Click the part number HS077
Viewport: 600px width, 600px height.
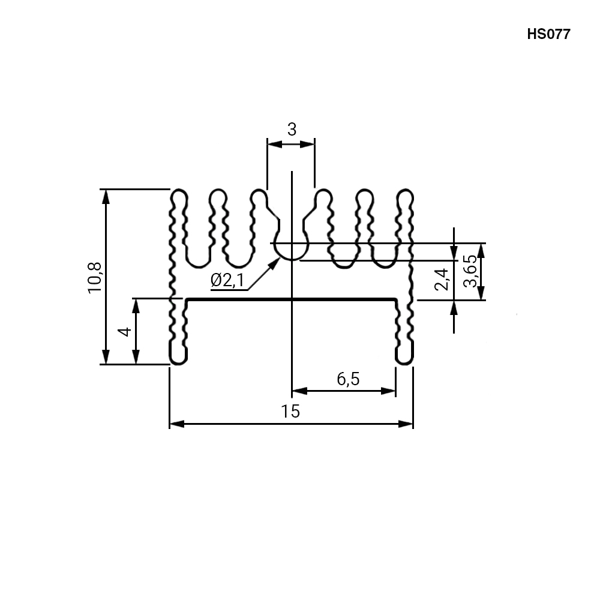point(548,34)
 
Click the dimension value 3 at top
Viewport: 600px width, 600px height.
point(292,130)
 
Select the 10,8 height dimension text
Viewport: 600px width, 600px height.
point(95,278)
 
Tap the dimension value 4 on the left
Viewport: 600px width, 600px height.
point(125,331)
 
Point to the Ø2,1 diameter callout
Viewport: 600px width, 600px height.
point(227,280)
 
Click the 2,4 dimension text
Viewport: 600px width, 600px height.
point(442,280)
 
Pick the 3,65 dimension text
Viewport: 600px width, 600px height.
point(470,271)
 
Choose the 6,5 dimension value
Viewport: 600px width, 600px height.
point(348,379)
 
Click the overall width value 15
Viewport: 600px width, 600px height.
point(290,412)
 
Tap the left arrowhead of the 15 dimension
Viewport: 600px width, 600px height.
point(176,424)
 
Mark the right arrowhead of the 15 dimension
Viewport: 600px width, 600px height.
point(406,424)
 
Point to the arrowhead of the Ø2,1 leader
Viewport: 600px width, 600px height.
point(275,263)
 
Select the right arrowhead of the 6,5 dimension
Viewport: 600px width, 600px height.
point(388,391)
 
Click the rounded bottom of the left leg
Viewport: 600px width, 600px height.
point(178,361)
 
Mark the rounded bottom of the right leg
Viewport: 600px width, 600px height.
point(404,361)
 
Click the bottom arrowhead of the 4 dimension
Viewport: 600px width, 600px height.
point(136,357)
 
